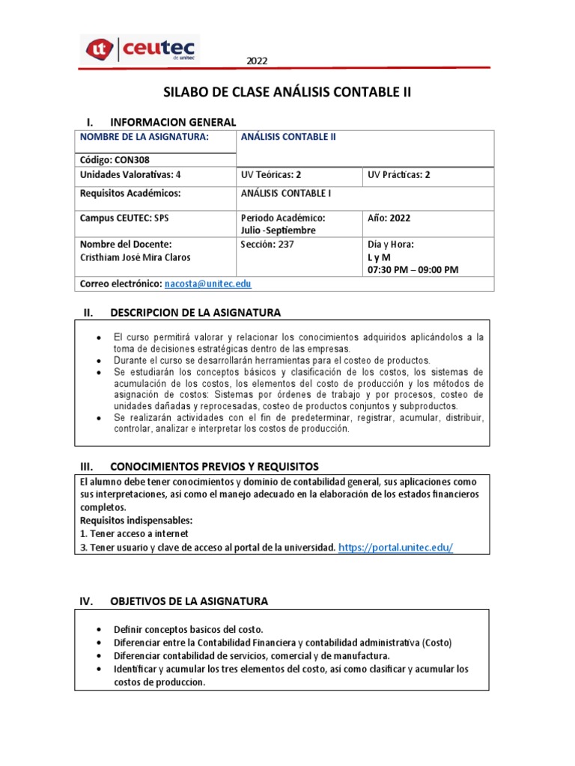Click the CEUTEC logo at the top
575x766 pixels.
(140, 49)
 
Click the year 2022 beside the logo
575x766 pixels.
(257, 61)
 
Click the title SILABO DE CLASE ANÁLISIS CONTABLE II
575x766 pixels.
(287, 93)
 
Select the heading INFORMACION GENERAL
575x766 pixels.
(172, 122)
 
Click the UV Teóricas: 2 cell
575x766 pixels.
(270, 174)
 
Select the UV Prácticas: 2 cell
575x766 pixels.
(399, 174)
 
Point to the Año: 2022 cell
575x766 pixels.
(389, 218)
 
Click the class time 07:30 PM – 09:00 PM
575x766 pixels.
(413, 269)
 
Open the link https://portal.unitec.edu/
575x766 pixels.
(396, 548)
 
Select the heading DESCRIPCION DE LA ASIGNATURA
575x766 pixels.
(195, 312)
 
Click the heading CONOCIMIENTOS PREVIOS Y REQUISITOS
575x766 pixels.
(213, 466)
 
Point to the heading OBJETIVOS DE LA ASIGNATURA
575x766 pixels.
(188, 601)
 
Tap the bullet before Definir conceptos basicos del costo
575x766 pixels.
(100, 630)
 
